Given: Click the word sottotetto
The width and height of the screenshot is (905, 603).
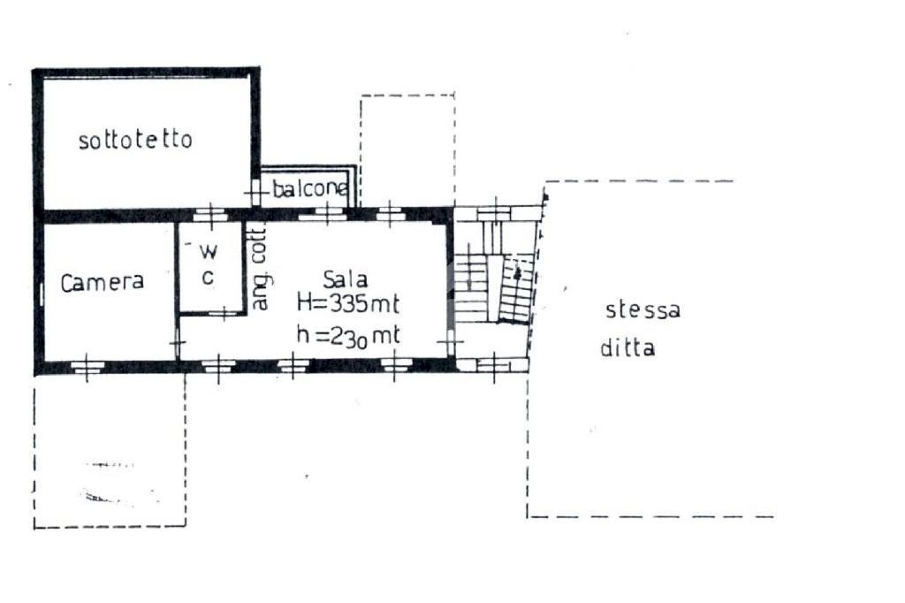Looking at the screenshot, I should [135, 140].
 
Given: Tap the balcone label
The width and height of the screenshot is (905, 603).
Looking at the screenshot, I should [310, 189].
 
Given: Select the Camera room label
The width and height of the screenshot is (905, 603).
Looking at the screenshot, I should [103, 282].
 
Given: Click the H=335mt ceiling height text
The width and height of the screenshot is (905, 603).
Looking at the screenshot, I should [347, 304].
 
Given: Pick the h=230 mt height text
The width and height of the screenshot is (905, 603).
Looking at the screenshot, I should [347, 335].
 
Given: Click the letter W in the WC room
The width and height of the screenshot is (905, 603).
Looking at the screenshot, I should [212, 250].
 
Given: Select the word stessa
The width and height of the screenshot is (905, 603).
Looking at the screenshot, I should [643, 310].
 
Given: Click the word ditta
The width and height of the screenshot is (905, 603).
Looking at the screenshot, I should [627, 347].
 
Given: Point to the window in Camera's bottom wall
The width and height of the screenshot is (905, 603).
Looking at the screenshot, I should [86, 366].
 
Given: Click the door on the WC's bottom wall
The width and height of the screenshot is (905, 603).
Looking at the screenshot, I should [224, 311].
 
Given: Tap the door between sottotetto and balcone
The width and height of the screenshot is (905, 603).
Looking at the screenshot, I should [255, 191].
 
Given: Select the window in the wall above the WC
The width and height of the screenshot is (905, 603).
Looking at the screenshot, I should [210, 214].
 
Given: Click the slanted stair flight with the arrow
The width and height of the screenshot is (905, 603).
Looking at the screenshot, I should [515, 289].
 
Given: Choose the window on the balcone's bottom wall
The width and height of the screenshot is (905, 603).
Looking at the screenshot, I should [328, 213].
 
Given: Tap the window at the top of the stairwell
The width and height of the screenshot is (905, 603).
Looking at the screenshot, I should [495, 212].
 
